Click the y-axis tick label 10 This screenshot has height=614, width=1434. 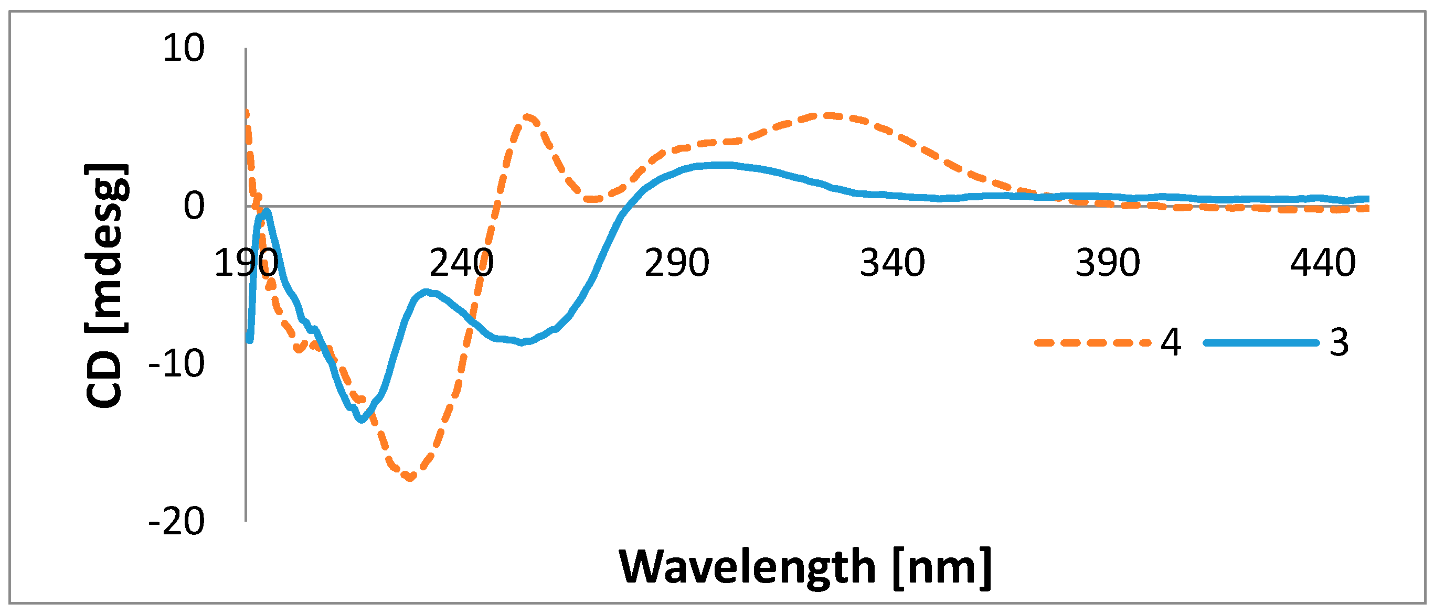click(184, 48)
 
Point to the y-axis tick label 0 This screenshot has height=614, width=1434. click(194, 207)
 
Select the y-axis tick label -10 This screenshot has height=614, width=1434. click(176, 364)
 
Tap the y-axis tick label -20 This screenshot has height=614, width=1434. click(176, 522)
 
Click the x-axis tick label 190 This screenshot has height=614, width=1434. click(246, 263)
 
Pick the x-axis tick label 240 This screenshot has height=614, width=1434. click(462, 263)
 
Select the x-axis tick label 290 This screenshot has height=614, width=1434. click(677, 263)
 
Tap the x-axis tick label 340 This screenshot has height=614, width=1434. click(893, 263)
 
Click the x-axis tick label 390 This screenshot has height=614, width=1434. click(1108, 263)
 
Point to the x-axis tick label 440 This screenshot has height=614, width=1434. click(1323, 263)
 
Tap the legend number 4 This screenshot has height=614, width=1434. click(1171, 342)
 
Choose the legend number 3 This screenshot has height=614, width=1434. click(1340, 342)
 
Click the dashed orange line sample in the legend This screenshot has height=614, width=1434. click(1092, 343)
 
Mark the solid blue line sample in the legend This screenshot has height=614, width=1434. click(1261, 343)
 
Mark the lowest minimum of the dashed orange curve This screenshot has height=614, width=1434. click(410, 477)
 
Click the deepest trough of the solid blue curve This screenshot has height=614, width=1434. click(362, 420)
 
